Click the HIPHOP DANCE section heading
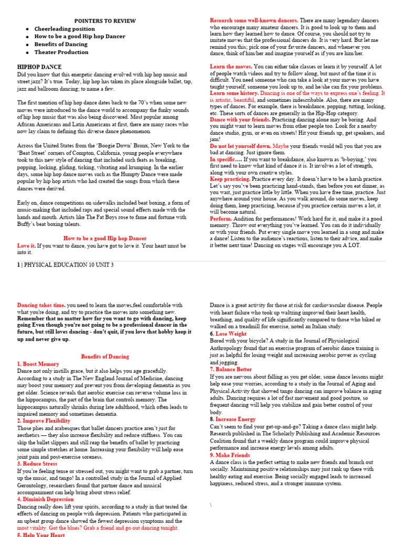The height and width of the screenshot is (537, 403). coord(39,67)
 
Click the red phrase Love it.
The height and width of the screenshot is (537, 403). coord(26,245)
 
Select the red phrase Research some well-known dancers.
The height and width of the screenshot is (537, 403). coord(254,20)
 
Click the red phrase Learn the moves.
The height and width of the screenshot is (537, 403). coord(231,67)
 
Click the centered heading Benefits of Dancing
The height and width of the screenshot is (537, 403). coord(104,357)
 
